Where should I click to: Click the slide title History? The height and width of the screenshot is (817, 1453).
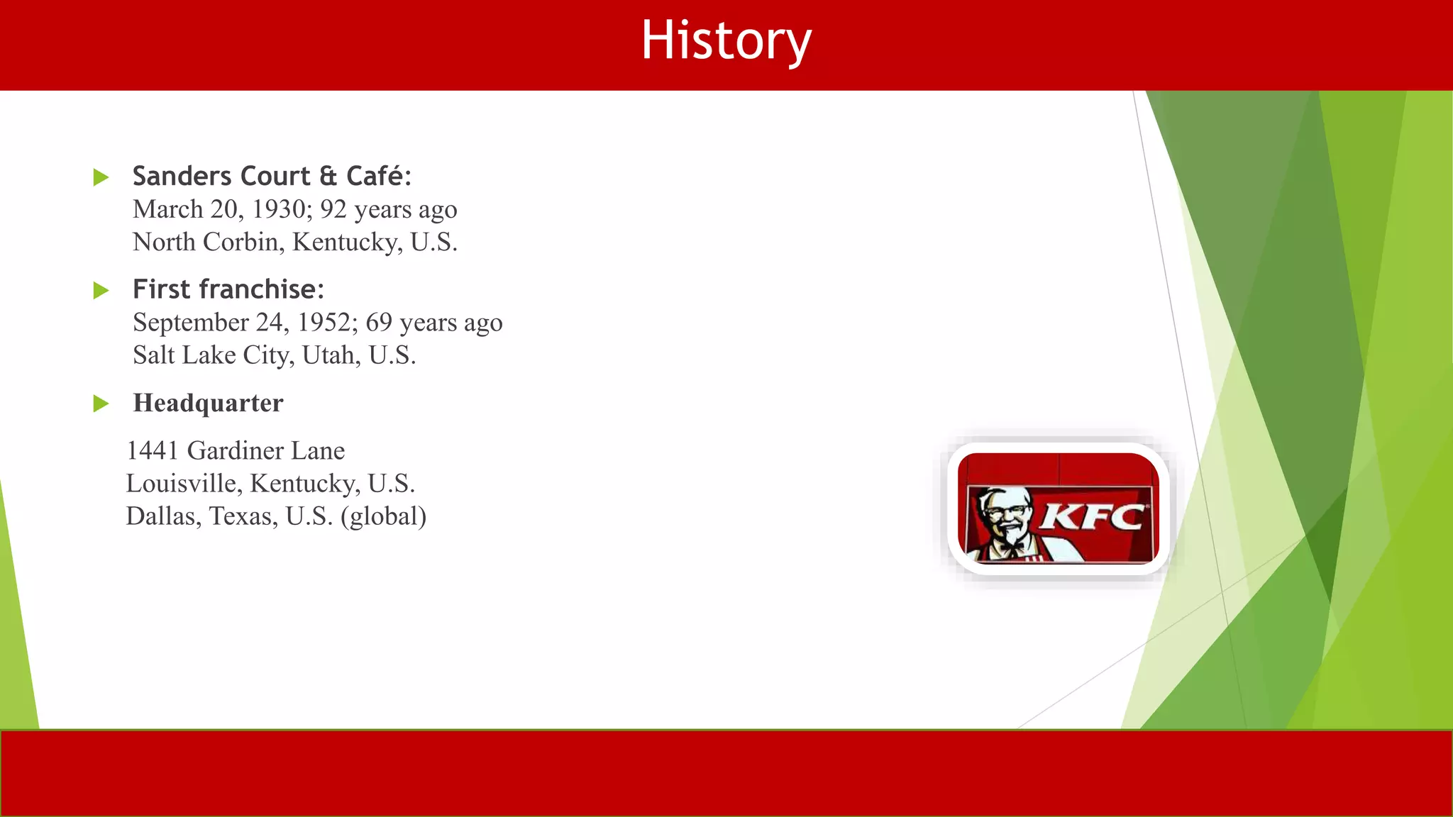click(x=726, y=41)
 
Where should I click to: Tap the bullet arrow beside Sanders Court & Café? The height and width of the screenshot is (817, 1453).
click(x=101, y=177)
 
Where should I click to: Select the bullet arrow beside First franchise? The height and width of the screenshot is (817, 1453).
click(x=101, y=290)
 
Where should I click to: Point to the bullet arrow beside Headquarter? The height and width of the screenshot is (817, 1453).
click(x=101, y=404)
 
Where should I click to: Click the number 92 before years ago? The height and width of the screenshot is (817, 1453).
click(x=333, y=209)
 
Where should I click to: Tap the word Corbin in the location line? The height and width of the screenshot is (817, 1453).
click(x=241, y=242)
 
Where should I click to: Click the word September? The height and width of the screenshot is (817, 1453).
click(x=190, y=323)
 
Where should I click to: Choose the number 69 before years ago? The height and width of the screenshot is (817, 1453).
click(x=379, y=322)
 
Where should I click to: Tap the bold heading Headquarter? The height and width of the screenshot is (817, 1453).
click(x=208, y=403)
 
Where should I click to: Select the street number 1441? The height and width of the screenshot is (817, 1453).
click(x=152, y=450)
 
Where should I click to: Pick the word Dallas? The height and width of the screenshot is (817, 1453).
click(x=162, y=516)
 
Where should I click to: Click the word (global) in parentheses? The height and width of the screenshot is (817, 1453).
click(x=383, y=516)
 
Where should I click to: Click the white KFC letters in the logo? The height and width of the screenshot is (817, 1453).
click(x=1093, y=516)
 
